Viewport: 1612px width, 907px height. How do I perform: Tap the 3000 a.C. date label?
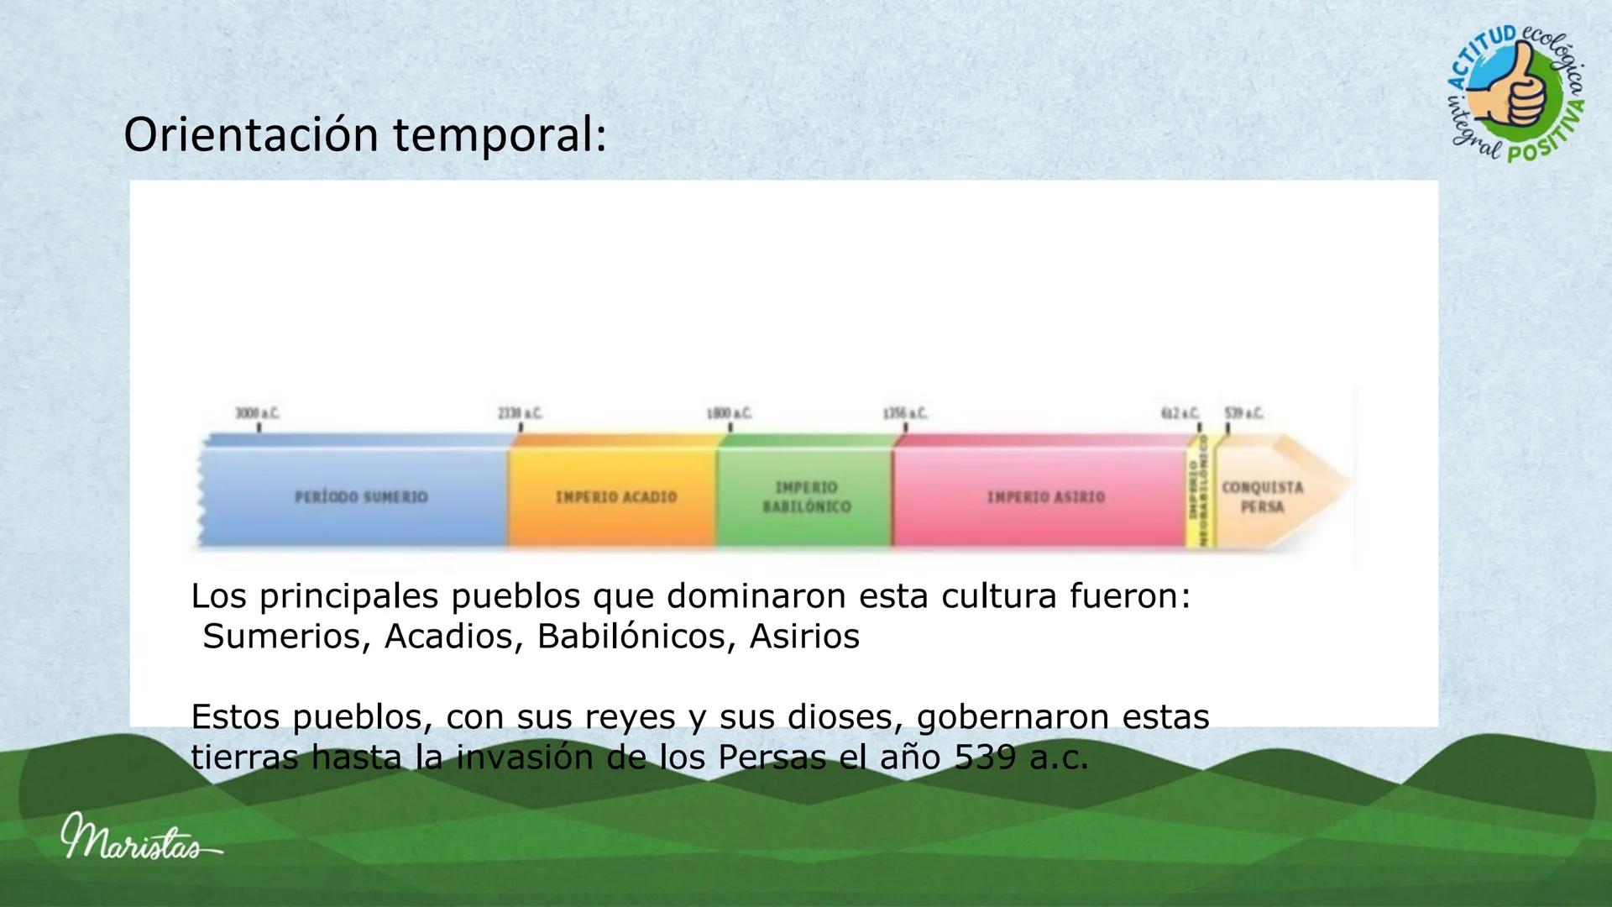258,413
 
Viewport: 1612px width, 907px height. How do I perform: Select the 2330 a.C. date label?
521,413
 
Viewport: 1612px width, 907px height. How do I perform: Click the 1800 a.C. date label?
730,413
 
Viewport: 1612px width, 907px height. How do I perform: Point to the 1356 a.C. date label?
905,413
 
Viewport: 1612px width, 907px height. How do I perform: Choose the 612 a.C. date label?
1180,413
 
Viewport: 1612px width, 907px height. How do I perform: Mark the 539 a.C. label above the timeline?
1243,413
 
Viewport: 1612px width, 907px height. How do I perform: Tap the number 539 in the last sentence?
983,759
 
